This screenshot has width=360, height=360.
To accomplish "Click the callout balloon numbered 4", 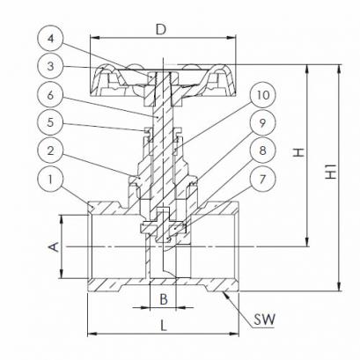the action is pos(50,39).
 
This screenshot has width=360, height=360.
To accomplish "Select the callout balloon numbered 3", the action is pos(50,66).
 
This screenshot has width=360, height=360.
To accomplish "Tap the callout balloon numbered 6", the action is pos(50,95).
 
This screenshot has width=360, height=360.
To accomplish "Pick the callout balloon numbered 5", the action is pos(50,122).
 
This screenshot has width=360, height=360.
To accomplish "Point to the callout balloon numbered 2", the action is pos(50,151).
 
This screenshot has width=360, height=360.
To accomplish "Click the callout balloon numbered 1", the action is pos(50,179).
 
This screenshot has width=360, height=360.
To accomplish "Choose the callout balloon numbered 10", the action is pos(263,95).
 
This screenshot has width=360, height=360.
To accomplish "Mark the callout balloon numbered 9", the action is pos(263,122).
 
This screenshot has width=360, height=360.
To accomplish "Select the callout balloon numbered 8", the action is pos(263,151).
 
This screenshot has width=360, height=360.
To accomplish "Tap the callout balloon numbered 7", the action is pos(263,179).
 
